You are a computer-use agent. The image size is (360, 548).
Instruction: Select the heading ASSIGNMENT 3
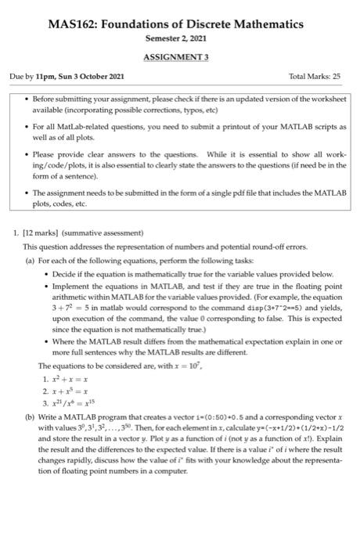(180, 57)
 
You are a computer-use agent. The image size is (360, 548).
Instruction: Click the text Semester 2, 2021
(180, 39)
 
